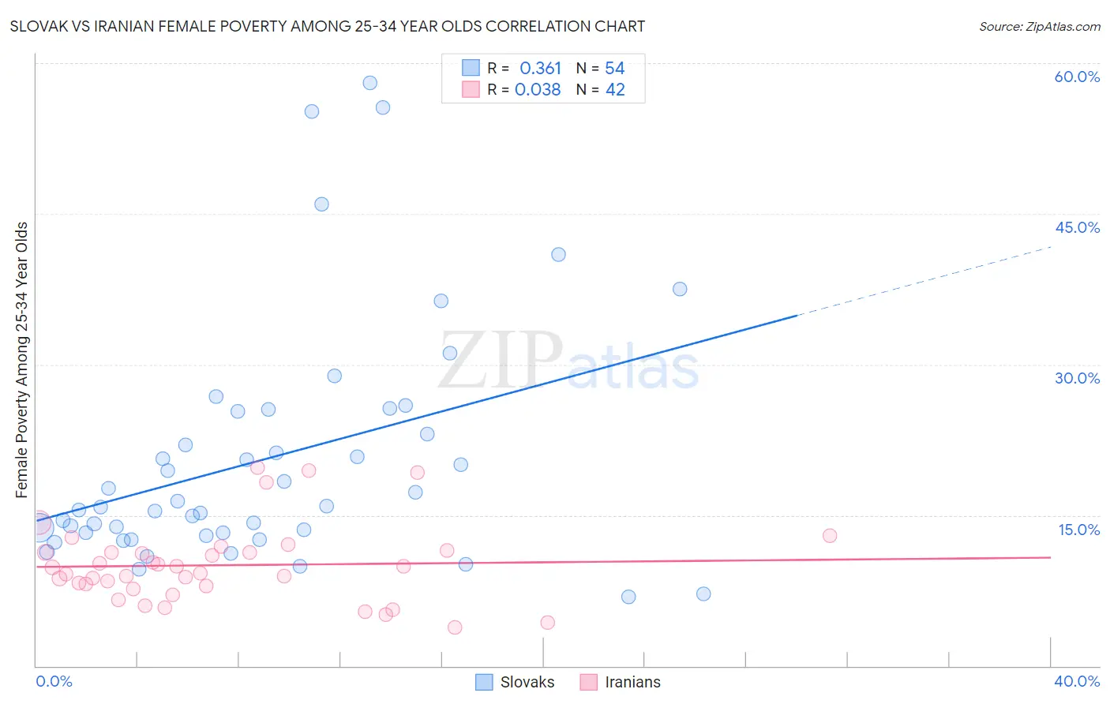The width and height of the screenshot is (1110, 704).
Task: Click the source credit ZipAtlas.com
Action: [x=1039, y=26]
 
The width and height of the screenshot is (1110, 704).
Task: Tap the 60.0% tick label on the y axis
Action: [x=1077, y=77]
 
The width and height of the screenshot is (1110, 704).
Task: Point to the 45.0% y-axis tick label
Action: [x=1077, y=227]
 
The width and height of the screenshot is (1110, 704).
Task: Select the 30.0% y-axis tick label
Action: [x=1077, y=378]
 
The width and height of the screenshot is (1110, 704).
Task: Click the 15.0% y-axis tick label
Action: [x=1078, y=530]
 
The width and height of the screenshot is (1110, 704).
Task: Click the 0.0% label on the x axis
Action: [x=54, y=681]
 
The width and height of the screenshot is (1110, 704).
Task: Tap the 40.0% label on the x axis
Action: [x=1077, y=681]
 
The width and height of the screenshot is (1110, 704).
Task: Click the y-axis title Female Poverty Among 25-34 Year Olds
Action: [x=22, y=360]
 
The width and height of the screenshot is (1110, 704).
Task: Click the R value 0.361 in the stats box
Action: [x=540, y=69]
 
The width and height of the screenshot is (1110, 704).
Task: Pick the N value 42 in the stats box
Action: [x=615, y=90]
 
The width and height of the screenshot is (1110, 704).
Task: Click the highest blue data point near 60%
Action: [x=369, y=83]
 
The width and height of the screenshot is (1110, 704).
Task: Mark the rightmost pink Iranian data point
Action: [x=830, y=536]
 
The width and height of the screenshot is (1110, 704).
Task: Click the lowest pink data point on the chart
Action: [x=455, y=627]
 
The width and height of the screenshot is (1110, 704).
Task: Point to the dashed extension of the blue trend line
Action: [x=924, y=281]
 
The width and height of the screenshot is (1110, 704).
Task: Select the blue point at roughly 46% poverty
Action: [x=321, y=204]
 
